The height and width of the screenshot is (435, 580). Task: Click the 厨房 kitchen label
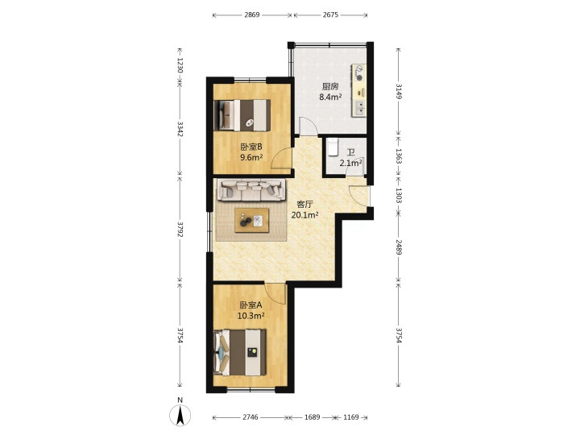pyautogui.click(x=330, y=86)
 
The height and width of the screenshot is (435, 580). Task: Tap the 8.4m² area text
pyautogui.click(x=330, y=97)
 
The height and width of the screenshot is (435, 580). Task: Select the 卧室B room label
pyautogui.click(x=251, y=147)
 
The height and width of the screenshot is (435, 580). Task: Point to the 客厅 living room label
pyautogui.click(x=305, y=204)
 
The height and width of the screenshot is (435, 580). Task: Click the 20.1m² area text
pyautogui.click(x=305, y=215)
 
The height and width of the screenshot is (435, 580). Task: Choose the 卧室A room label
pyautogui.click(x=251, y=305)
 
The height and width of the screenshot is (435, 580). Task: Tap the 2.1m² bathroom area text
pyautogui.click(x=350, y=163)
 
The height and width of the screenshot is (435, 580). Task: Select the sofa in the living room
pyautogui.click(x=251, y=189)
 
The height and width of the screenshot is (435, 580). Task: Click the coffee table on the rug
pyautogui.click(x=251, y=220)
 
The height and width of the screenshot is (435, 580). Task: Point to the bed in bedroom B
pyautogui.click(x=242, y=115)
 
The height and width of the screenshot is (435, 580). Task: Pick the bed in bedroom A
pyautogui.click(x=240, y=353)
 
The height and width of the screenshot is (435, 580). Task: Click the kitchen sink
pyautogui.click(x=359, y=108)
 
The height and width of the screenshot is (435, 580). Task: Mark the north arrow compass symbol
pyautogui.click(x=180, y=414)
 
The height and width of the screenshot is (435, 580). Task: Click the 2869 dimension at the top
pyautogui.click(x=252, y=15)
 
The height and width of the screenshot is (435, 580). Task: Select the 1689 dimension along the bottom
pyautogui.click(x=312, y=417)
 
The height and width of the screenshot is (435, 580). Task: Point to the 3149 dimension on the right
pyautogui.click(x=399, y=91)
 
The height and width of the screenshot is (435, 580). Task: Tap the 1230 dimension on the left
pyautogui.click(x=180, y=65)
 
